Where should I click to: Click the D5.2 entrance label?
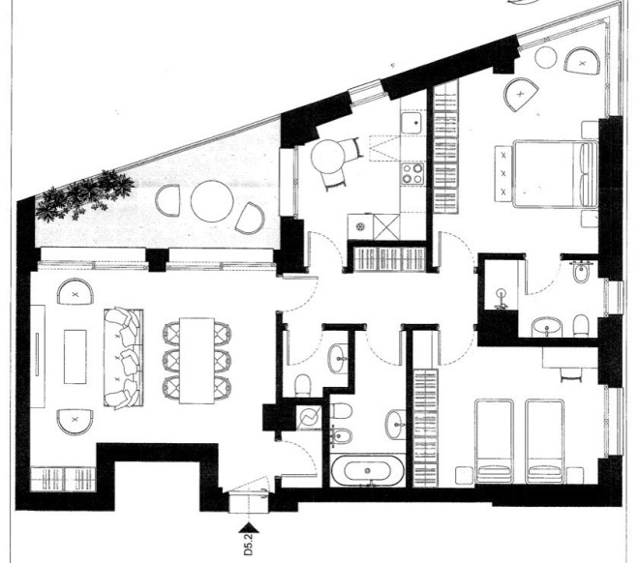pyautogui.click(x=248, y=545)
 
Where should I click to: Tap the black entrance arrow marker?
pyautogui.click(x=249, y=528)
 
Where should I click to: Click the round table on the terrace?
pyautogui.click(x=212, y=200)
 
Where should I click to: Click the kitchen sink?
pyautogui.click(x=412, y=122)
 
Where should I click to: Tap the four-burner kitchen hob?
pyautogui.click(x=412, y=173)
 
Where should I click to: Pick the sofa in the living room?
pyautogui.click(x=124, y=358)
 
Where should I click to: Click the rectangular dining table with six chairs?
pyautogui.click(x=197, y=360)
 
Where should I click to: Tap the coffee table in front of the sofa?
pyautogui.click(x=76, y=357)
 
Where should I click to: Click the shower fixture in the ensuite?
pyautogui.click(x=502, y=299)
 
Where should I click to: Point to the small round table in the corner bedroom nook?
pyautogui.click(x=546, y=57)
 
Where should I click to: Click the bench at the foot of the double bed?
pyautogui.click(x=503, y=174)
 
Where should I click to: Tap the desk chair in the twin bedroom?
pyautogui.click(x=571, y=374)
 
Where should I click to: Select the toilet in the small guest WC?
pyautogui.click(x=303, y=385)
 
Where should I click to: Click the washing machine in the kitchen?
pyautogui.click(x=361, y=226)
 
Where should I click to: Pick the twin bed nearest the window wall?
pyautogui.click(x=544, y=441)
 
